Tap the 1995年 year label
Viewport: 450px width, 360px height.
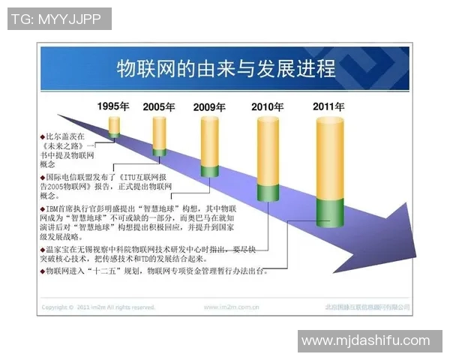click(x=113, y=106)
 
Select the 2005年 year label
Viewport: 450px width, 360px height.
click(x=159, y=107)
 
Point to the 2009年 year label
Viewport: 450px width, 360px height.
click(x=209, y=107)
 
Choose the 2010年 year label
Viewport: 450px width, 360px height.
click(x=268, y=106)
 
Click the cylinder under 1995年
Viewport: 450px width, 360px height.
click(x=114, y=125)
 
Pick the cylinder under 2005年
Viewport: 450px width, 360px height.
click(x=159, y=136)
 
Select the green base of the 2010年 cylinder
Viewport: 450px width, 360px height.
click(x=268, y=192)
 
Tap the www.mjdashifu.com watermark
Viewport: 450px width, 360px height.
click(x=365, y=341)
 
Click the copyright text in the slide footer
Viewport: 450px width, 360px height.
click(x=98, y=307)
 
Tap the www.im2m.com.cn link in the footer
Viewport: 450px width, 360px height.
click(x=232, y=307)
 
